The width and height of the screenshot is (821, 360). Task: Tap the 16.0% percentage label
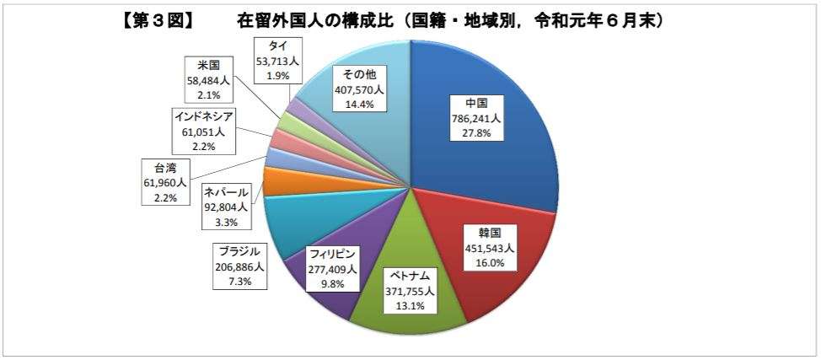[x=491, y=264]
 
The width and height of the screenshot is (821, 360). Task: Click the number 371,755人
[x=408, y=291]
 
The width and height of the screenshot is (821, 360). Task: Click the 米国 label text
[x=208, y=66]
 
